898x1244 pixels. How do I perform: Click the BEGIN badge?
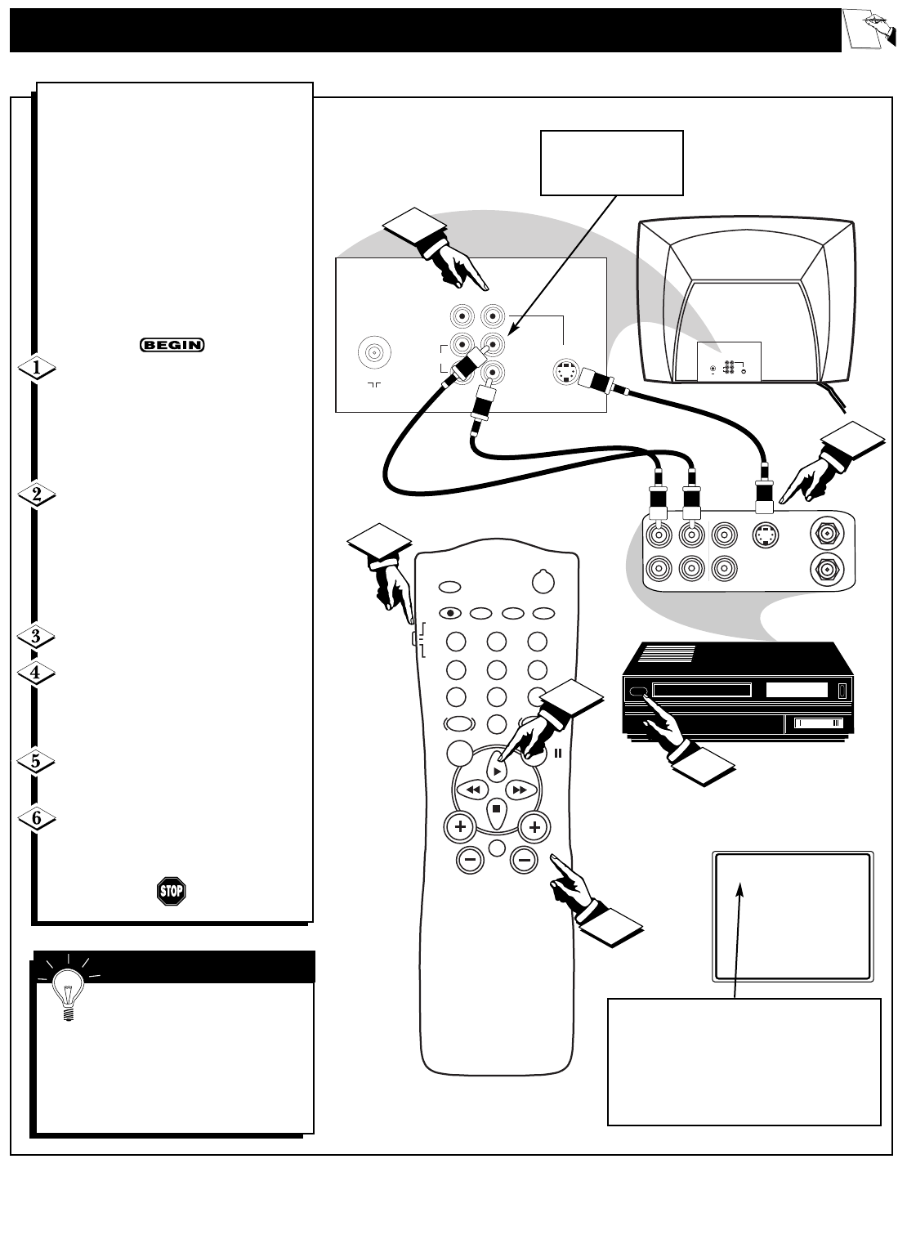click(172, 345)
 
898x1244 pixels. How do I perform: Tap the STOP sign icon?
click(170, 890)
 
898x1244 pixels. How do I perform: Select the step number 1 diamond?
click(37, 369)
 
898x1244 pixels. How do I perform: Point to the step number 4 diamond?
click(37, 674)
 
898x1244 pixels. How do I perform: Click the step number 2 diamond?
click(37, 494)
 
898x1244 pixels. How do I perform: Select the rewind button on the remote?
click(471, 790)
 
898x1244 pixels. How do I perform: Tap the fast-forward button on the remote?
click(519, 790)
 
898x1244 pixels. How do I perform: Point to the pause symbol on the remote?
click(558, 754)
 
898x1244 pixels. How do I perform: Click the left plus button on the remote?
click(460, 827)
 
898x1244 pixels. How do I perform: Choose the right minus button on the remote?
click(525, 860)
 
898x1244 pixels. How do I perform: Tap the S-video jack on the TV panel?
click(565, 372)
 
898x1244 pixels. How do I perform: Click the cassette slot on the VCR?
click(702, 691)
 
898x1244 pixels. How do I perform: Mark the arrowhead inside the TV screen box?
click(742, 889)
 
